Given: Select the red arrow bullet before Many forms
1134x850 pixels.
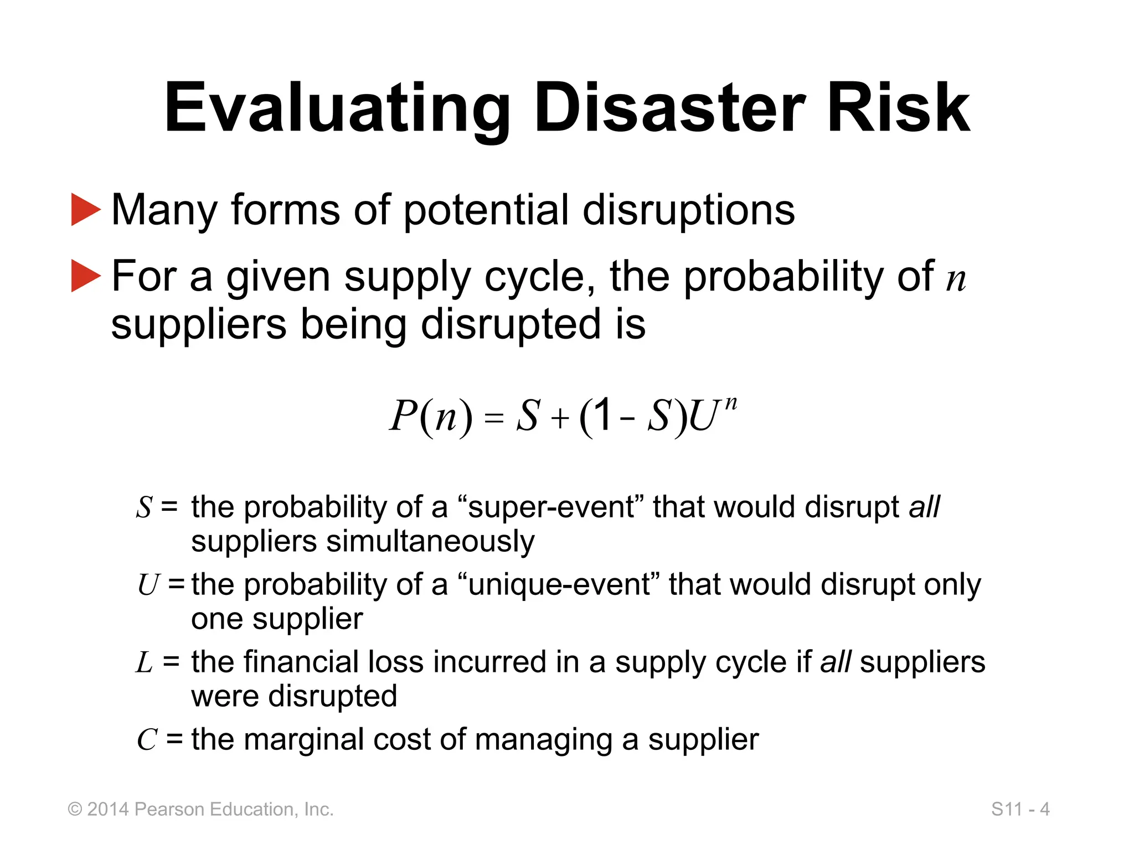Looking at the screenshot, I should [x=86, y=209].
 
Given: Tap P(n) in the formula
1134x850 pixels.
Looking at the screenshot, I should [x=431, y=416].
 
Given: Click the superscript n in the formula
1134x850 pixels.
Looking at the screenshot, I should [x=731, y=403].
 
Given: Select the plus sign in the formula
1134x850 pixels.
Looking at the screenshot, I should [x=560, y=418].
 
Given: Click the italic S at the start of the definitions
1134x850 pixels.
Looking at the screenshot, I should [x=145, y=507].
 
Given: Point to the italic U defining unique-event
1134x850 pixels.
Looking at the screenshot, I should [x=148, y=585].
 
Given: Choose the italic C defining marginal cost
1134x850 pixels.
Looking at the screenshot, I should [x=147, y=740].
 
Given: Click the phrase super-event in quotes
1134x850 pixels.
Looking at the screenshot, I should [x=550, y=507].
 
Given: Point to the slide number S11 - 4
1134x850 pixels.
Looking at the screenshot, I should [x=1020, y=809].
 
